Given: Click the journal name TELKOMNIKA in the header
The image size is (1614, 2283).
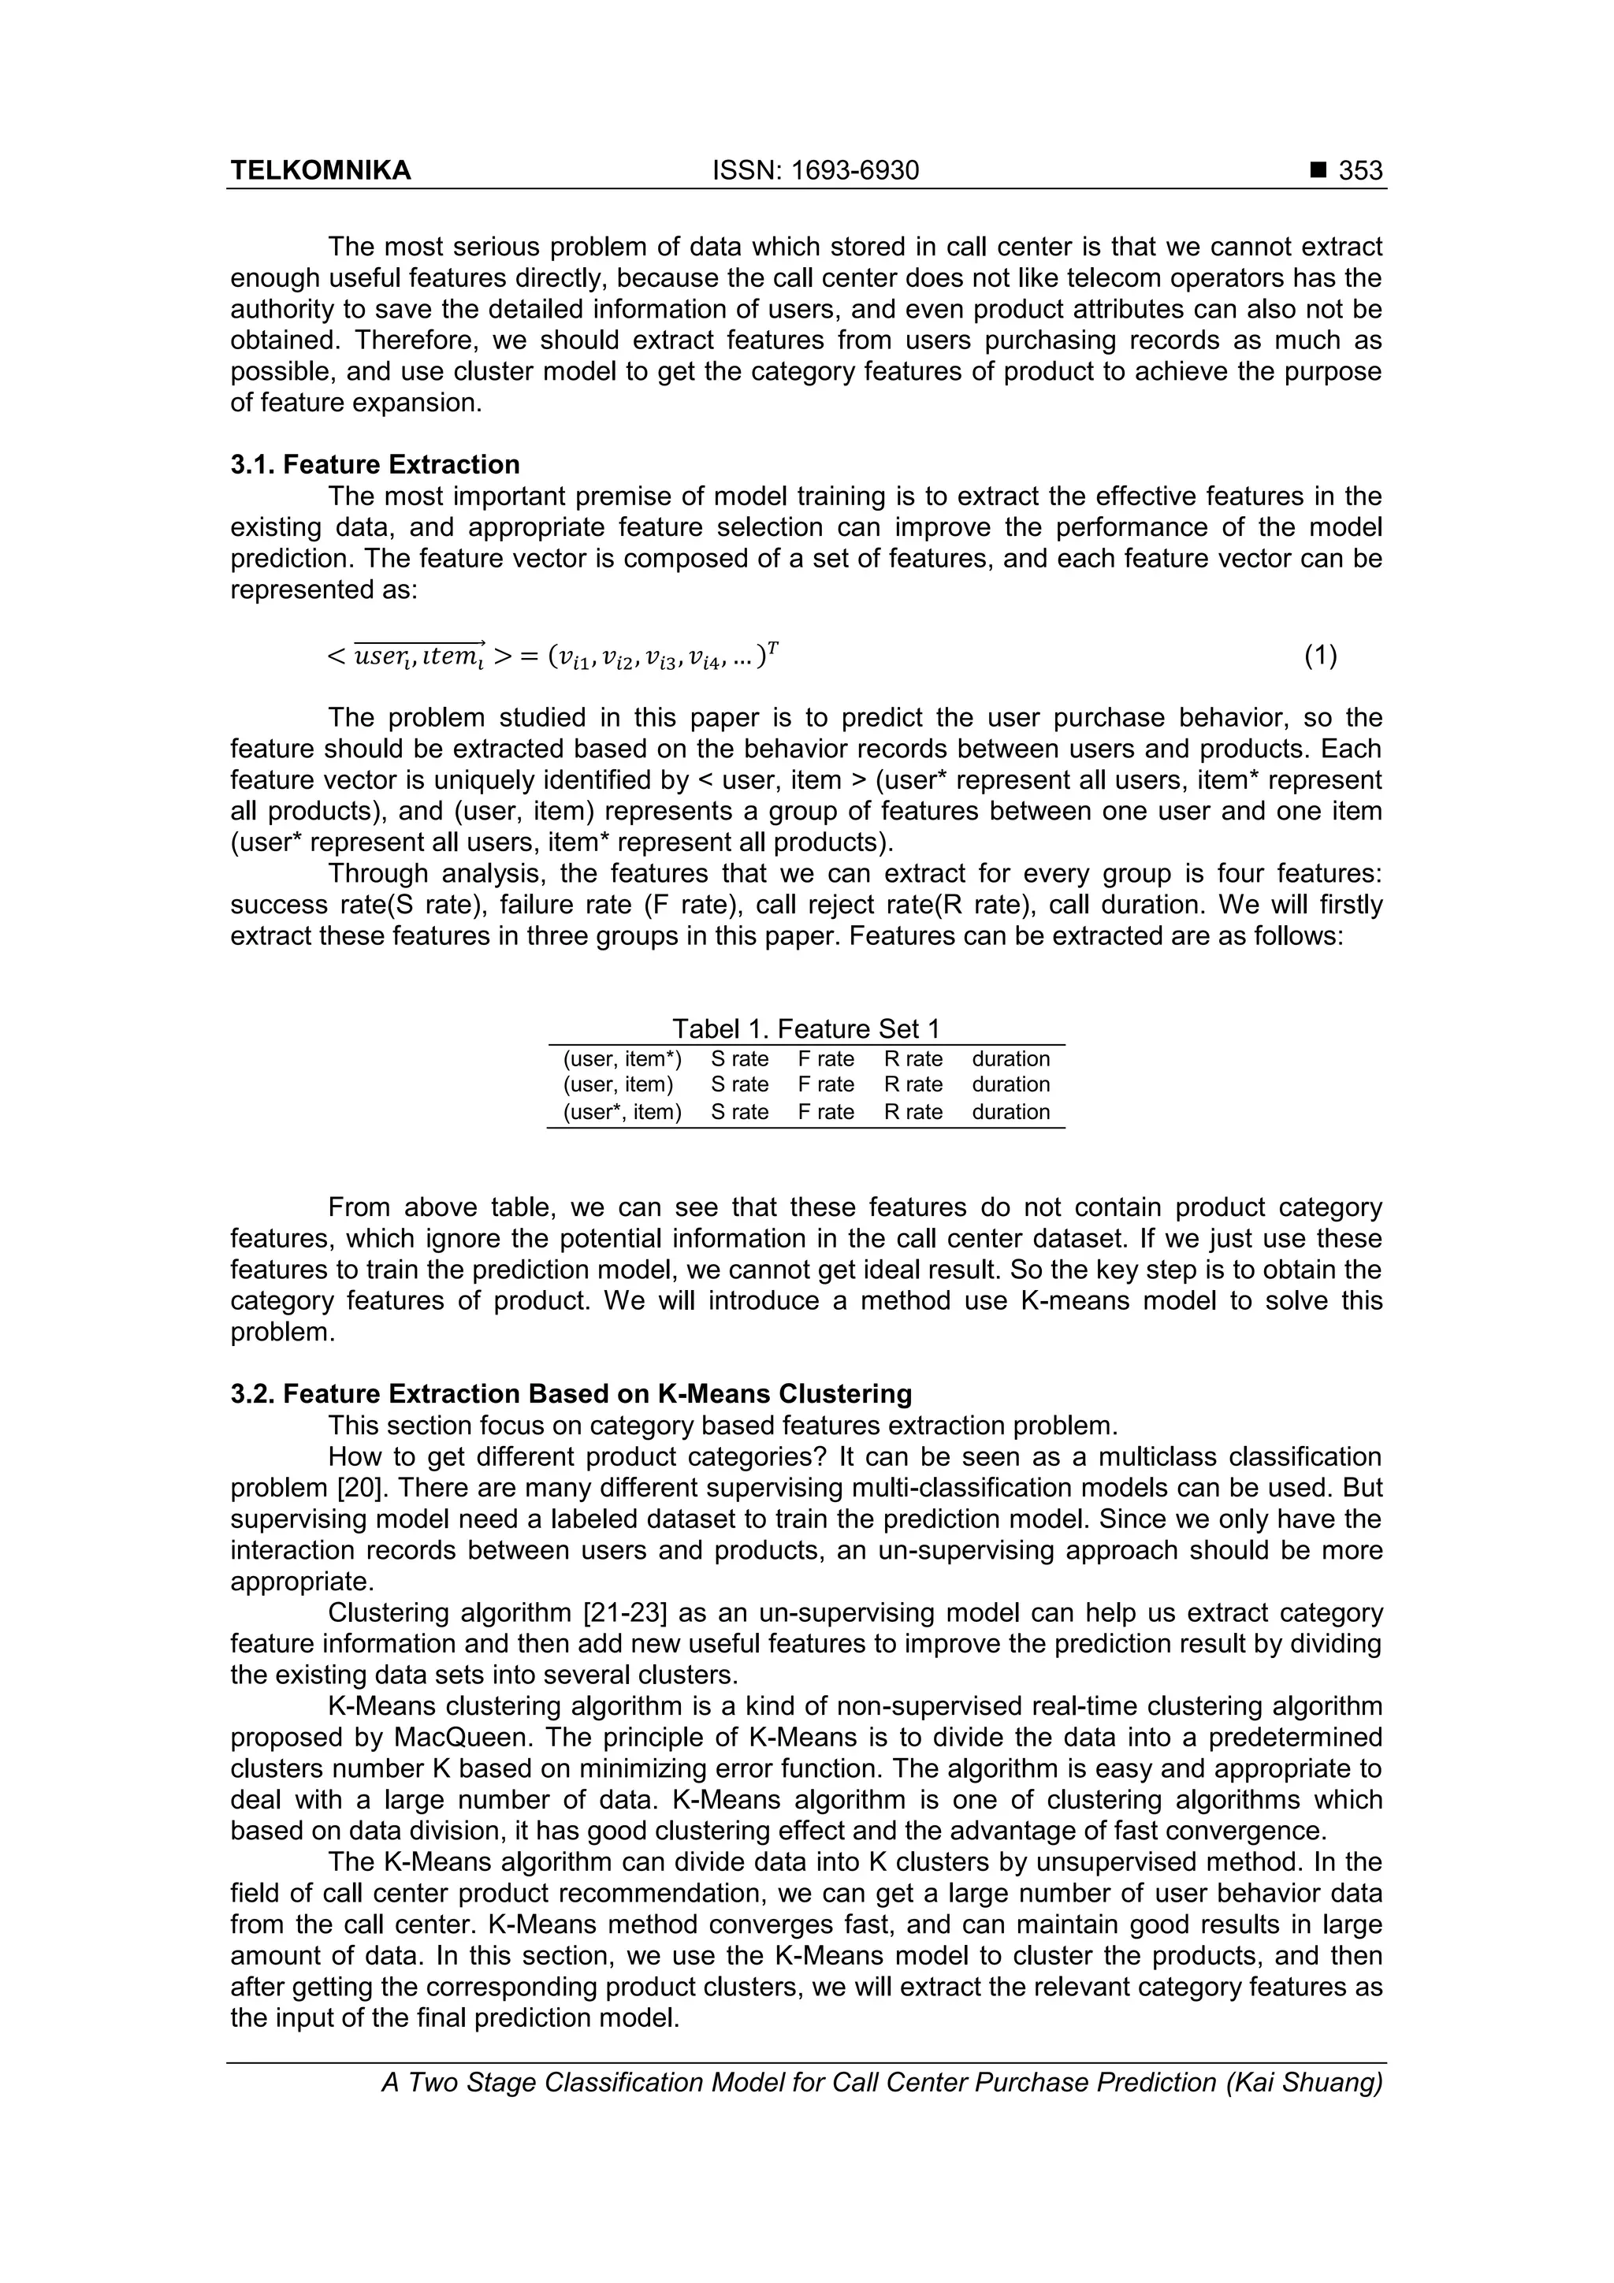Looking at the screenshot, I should pos(320,171).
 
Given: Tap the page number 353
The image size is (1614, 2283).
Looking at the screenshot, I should pos(1360,171).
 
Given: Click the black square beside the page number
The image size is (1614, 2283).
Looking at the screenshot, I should pos(1318,171).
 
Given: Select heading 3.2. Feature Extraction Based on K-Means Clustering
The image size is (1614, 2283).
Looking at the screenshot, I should pos(571,1394).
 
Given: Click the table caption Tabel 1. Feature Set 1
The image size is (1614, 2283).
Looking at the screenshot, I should pos(805,1028).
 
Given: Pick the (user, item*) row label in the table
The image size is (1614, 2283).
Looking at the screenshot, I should pos(623,1059).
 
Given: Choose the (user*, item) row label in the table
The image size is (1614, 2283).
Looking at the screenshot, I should pos(623,1112).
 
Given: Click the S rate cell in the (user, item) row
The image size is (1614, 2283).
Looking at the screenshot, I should pos(739,1085).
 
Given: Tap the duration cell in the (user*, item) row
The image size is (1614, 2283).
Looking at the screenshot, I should pos(1010,1112).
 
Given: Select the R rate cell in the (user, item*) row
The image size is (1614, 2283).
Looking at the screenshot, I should pos(913,1059).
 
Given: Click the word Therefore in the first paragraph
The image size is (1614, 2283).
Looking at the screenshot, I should pos(292,340).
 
